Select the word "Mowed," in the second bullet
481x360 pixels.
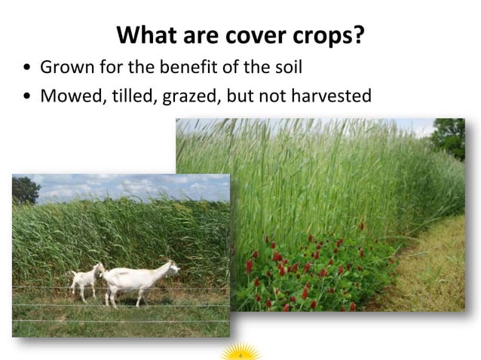72,96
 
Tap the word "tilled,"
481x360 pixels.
134,96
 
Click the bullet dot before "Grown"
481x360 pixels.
27,69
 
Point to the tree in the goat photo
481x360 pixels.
25,189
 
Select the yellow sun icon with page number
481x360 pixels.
240,352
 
